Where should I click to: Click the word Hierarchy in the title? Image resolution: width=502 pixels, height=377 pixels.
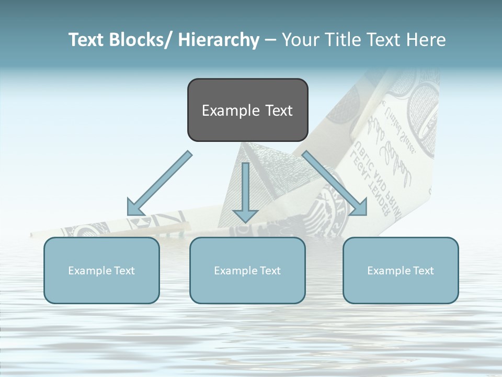(219, 40)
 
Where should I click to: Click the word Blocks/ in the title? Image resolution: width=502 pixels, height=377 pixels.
(138, 40)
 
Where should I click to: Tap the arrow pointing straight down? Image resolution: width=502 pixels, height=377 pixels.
(245, 194)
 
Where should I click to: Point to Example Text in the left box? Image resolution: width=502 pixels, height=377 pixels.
(101, 271)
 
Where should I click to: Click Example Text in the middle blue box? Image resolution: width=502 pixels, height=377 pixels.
(247, 271)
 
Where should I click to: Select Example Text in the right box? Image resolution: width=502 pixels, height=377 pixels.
(401, 271)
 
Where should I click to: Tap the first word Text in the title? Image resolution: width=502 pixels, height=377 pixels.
(86, 40)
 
